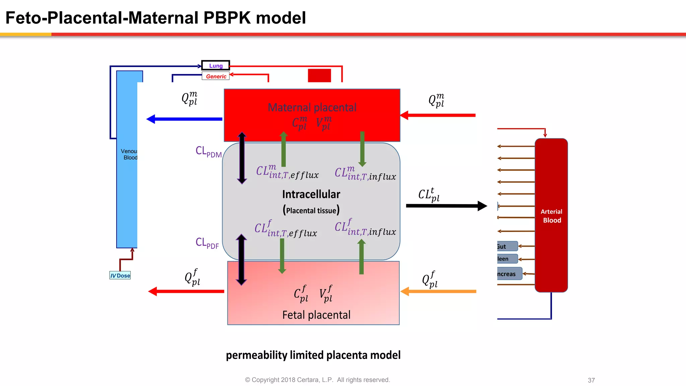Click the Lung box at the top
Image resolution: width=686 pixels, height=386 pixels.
[216, 66]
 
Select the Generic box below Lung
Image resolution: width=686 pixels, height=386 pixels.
[216, 76]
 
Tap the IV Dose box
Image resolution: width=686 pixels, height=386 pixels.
[120, 275]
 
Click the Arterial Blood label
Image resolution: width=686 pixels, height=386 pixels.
[551, 216]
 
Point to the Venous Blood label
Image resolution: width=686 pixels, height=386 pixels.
[129, 154]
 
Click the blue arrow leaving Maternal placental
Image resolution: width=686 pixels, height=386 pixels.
[184, 119]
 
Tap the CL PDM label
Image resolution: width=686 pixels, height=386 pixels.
[208, 152]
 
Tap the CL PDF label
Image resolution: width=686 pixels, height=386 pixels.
[207, 243]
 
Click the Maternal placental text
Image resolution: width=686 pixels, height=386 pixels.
[312, 108]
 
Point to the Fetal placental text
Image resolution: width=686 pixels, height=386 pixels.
[316, 315]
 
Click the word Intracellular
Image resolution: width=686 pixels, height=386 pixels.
[311, 194]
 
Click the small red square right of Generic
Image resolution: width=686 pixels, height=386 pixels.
[319, 75]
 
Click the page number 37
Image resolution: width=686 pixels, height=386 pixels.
[591, 380]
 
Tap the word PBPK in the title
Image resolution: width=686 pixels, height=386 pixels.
[227, 18]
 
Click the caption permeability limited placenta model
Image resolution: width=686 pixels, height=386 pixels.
[313, 355]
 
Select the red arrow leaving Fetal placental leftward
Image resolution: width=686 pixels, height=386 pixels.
[186, 291]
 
